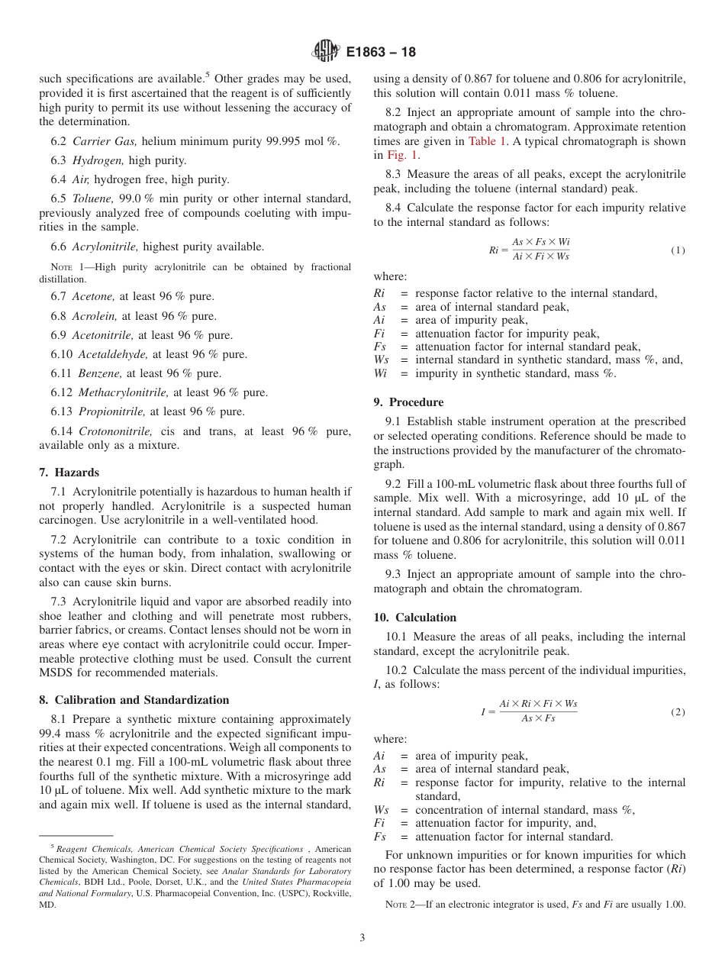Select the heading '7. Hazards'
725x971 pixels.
coord(69,473)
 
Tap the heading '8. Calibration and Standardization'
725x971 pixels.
coord(134,700)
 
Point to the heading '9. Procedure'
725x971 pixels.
coord(408,402)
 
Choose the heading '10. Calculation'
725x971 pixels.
coord(415,618)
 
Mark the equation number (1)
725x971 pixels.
coord(678,250)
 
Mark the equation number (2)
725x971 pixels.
coord(678,711)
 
